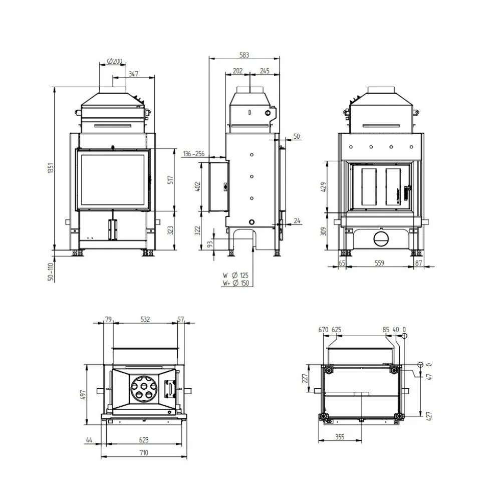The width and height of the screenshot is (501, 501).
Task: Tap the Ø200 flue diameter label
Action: tap(115, 61)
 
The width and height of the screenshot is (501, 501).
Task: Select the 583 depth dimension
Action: tap(244, 55)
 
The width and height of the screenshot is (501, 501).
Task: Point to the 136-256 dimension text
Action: tap(193, 154)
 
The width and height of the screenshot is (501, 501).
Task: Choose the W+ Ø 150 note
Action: tap(236, 283)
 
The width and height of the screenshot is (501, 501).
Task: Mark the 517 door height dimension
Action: tap(171, 179)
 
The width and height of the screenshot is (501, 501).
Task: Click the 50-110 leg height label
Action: tap(51, 272)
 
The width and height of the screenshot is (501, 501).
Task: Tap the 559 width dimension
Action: tap(380, 263)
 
